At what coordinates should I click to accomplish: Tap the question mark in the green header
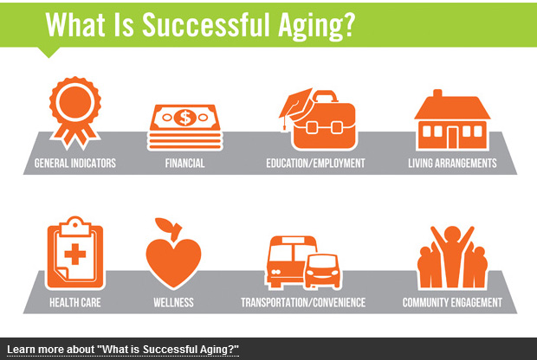point(349,24)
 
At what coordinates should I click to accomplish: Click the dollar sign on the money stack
point(185,118)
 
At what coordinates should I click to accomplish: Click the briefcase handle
point(324,96)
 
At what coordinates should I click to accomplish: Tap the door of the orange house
point(452,138)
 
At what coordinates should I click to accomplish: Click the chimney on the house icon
point(437,93)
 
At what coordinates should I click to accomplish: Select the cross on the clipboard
point(75,254)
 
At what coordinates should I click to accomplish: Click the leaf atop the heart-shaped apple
point(165,224)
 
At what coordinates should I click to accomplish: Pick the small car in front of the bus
point(322,271)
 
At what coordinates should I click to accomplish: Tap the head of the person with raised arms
point(452,235)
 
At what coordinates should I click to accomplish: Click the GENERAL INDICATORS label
point(75,164)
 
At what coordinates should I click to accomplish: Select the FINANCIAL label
point(185,164)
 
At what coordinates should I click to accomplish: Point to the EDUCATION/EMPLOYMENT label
point(315,164)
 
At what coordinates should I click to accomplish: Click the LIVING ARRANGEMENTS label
point(452,164)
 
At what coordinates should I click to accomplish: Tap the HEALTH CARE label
point(75,303)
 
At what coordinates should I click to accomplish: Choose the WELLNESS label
point(173,303)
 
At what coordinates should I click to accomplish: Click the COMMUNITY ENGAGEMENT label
point(452,303)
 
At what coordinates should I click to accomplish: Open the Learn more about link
point(123,350)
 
